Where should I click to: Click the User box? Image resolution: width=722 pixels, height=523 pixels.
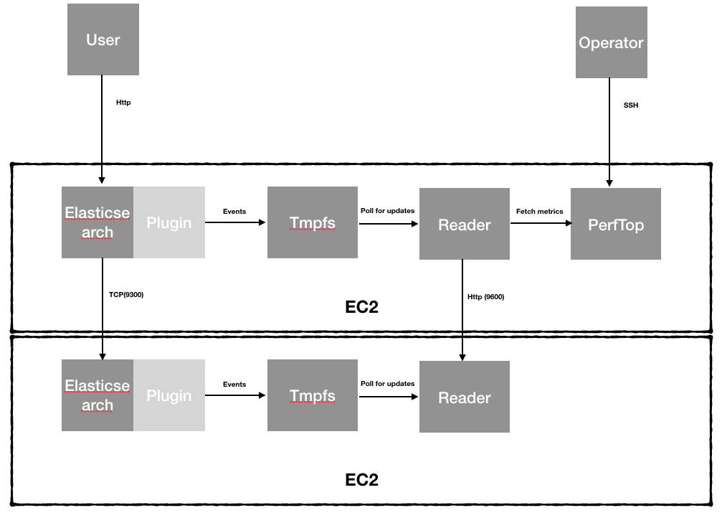click(x=103, y=39)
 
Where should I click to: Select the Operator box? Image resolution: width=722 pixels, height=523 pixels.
click(x=612, y=42)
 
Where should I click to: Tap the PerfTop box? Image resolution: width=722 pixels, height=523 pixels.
click(x=616, y=224)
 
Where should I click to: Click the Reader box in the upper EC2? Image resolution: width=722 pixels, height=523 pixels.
click(x=465, y=224)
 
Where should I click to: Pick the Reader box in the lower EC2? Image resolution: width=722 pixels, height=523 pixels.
click(x=465, y=397)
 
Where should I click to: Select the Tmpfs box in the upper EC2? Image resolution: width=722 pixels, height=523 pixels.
click(x=313, y=222)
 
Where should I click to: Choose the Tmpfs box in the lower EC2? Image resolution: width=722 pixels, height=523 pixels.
click(x=313, y=395)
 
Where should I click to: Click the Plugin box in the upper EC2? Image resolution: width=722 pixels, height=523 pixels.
click(x=169, y=222)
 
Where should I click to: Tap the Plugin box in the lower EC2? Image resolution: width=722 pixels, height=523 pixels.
click(x=169, y=395)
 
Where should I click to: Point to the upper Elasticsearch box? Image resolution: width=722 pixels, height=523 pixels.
click(x=98, y=222)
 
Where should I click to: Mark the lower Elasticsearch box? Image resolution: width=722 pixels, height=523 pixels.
click(x=98, y=395)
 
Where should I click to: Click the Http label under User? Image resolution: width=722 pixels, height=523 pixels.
click(x=123, y=103)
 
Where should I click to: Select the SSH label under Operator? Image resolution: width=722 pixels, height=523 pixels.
click(x=631, y=105)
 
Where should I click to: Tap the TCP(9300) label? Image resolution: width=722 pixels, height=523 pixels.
click(x=126, y=294)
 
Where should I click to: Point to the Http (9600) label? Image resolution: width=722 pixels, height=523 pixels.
click(x=486, y=297)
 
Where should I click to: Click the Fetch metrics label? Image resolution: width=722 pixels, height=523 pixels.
click(x=540, y=212)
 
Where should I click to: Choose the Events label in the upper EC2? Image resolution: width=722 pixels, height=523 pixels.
click(x=234, y=212)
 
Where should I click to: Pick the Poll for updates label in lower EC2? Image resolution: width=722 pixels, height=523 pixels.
click(x=387, y=383)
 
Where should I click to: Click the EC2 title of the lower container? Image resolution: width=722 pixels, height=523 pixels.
click(x=361, y=480)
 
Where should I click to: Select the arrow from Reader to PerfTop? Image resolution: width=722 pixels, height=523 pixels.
click(x=541, y=223)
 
